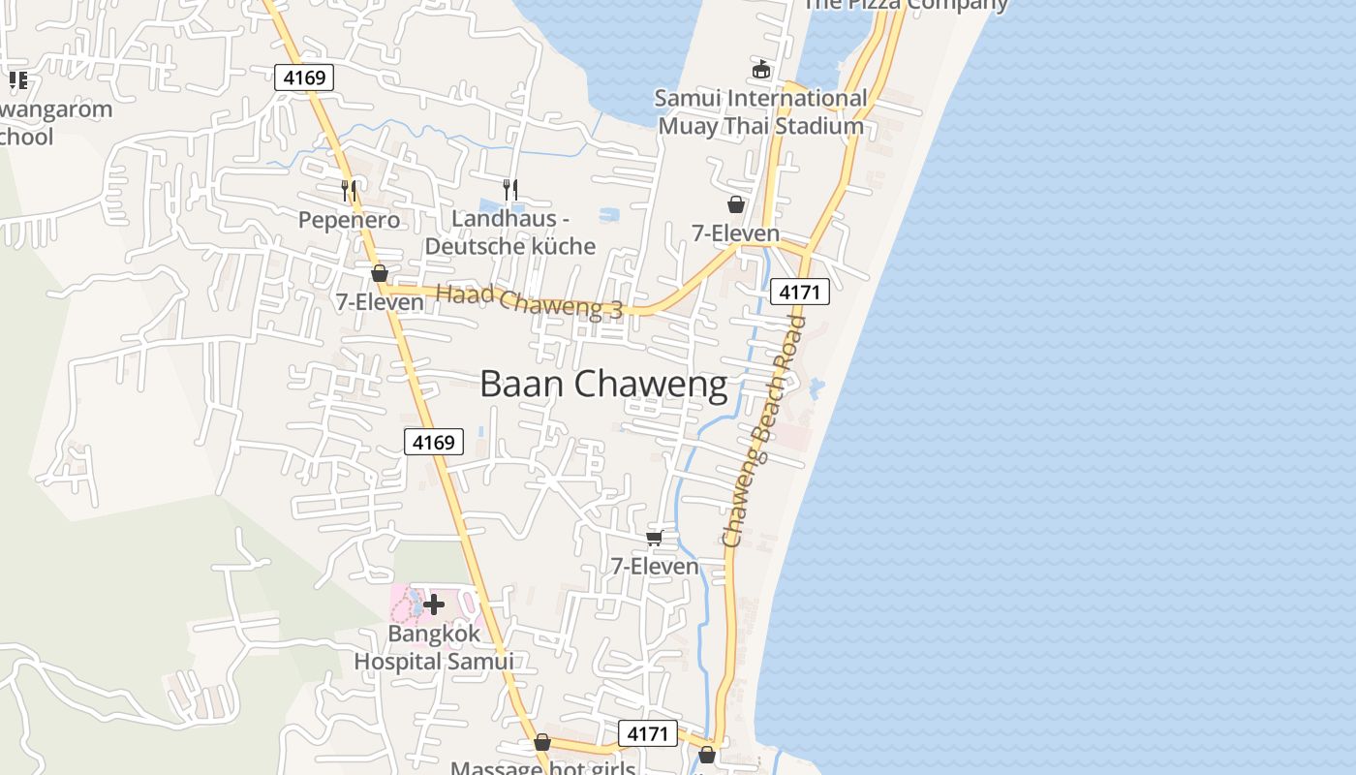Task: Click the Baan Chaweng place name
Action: tap(603, 385)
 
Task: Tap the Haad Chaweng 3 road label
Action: tap(529, 303)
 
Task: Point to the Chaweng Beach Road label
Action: tap(764, 431)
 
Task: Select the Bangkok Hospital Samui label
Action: tap(433, 648)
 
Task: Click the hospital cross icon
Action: tap(434, 605)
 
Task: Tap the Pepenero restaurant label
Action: tap(349, 220)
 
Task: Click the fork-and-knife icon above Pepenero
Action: tap(349, 191)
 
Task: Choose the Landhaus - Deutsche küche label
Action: tap(510, 232)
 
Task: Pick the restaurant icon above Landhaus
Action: tap(510, 189)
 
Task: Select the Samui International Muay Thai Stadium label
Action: tap(761, 112)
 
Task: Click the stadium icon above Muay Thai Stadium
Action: tap(761, 70)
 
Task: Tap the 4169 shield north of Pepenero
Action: tap(304, 77)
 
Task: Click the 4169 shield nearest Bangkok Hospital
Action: tap(434, 442)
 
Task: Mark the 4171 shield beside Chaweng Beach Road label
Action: tap(800, 292)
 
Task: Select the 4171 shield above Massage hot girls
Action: tap(647, 733)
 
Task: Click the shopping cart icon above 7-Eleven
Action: tap(654, 538)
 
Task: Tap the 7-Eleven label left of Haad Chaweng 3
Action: tap(380, 302)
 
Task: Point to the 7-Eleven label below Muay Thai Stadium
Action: tap(735, 233)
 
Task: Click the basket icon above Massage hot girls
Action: tap(542, 743)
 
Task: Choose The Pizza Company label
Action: tap(907, 5)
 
